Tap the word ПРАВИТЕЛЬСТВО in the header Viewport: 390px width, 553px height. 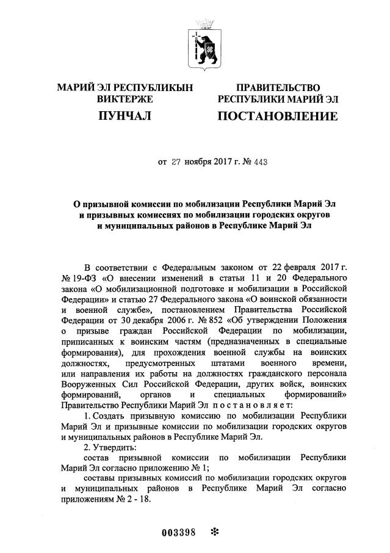[278, 88]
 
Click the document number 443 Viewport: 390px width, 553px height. [259, 163]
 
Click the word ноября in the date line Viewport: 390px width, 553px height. [201, 163]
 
